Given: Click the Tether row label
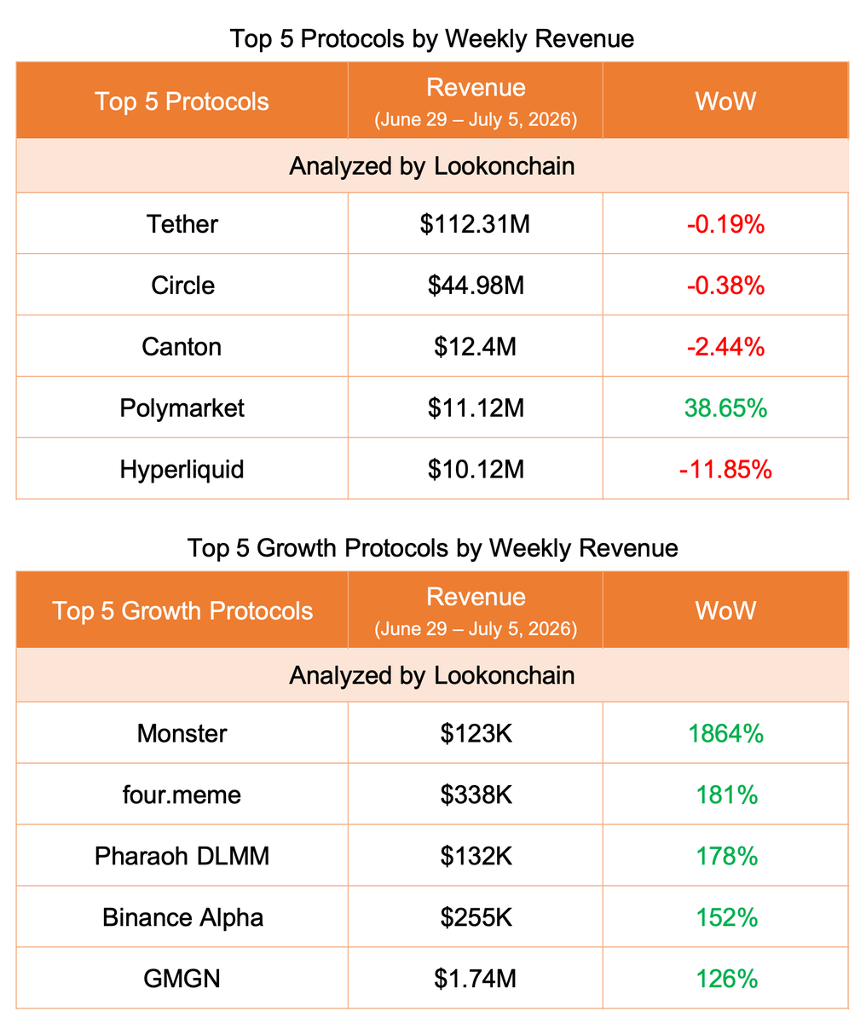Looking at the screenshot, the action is click(182, 224).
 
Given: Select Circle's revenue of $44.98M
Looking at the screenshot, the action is click(476, 286).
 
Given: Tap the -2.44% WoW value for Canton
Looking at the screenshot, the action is click(725, 347).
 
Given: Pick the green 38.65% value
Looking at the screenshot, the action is click(725, 408).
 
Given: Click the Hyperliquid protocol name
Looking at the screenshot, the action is click(182, 470).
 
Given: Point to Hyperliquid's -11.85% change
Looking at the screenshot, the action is click(725, 470).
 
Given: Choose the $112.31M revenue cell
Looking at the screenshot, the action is click(475, 224).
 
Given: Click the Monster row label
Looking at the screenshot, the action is click(182, 733).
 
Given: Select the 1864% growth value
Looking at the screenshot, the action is click(725, 733).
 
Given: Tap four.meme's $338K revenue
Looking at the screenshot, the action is click(476, 795).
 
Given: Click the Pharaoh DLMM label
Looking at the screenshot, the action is click(182, 856).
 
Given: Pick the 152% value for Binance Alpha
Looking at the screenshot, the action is click(726, 917).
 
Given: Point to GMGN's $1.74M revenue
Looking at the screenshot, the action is click(475, 979).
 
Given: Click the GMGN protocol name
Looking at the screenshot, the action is click(182, 979).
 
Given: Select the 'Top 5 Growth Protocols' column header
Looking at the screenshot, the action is click(182, 610).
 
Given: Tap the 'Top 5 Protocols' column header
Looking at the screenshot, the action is click(182, 101).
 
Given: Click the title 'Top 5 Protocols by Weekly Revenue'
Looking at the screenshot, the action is click(432, 38).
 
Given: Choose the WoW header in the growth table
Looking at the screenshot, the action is click(725, 610).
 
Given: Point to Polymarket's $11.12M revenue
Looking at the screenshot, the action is click(476, 408).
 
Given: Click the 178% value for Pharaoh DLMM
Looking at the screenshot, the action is click(726, 856).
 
